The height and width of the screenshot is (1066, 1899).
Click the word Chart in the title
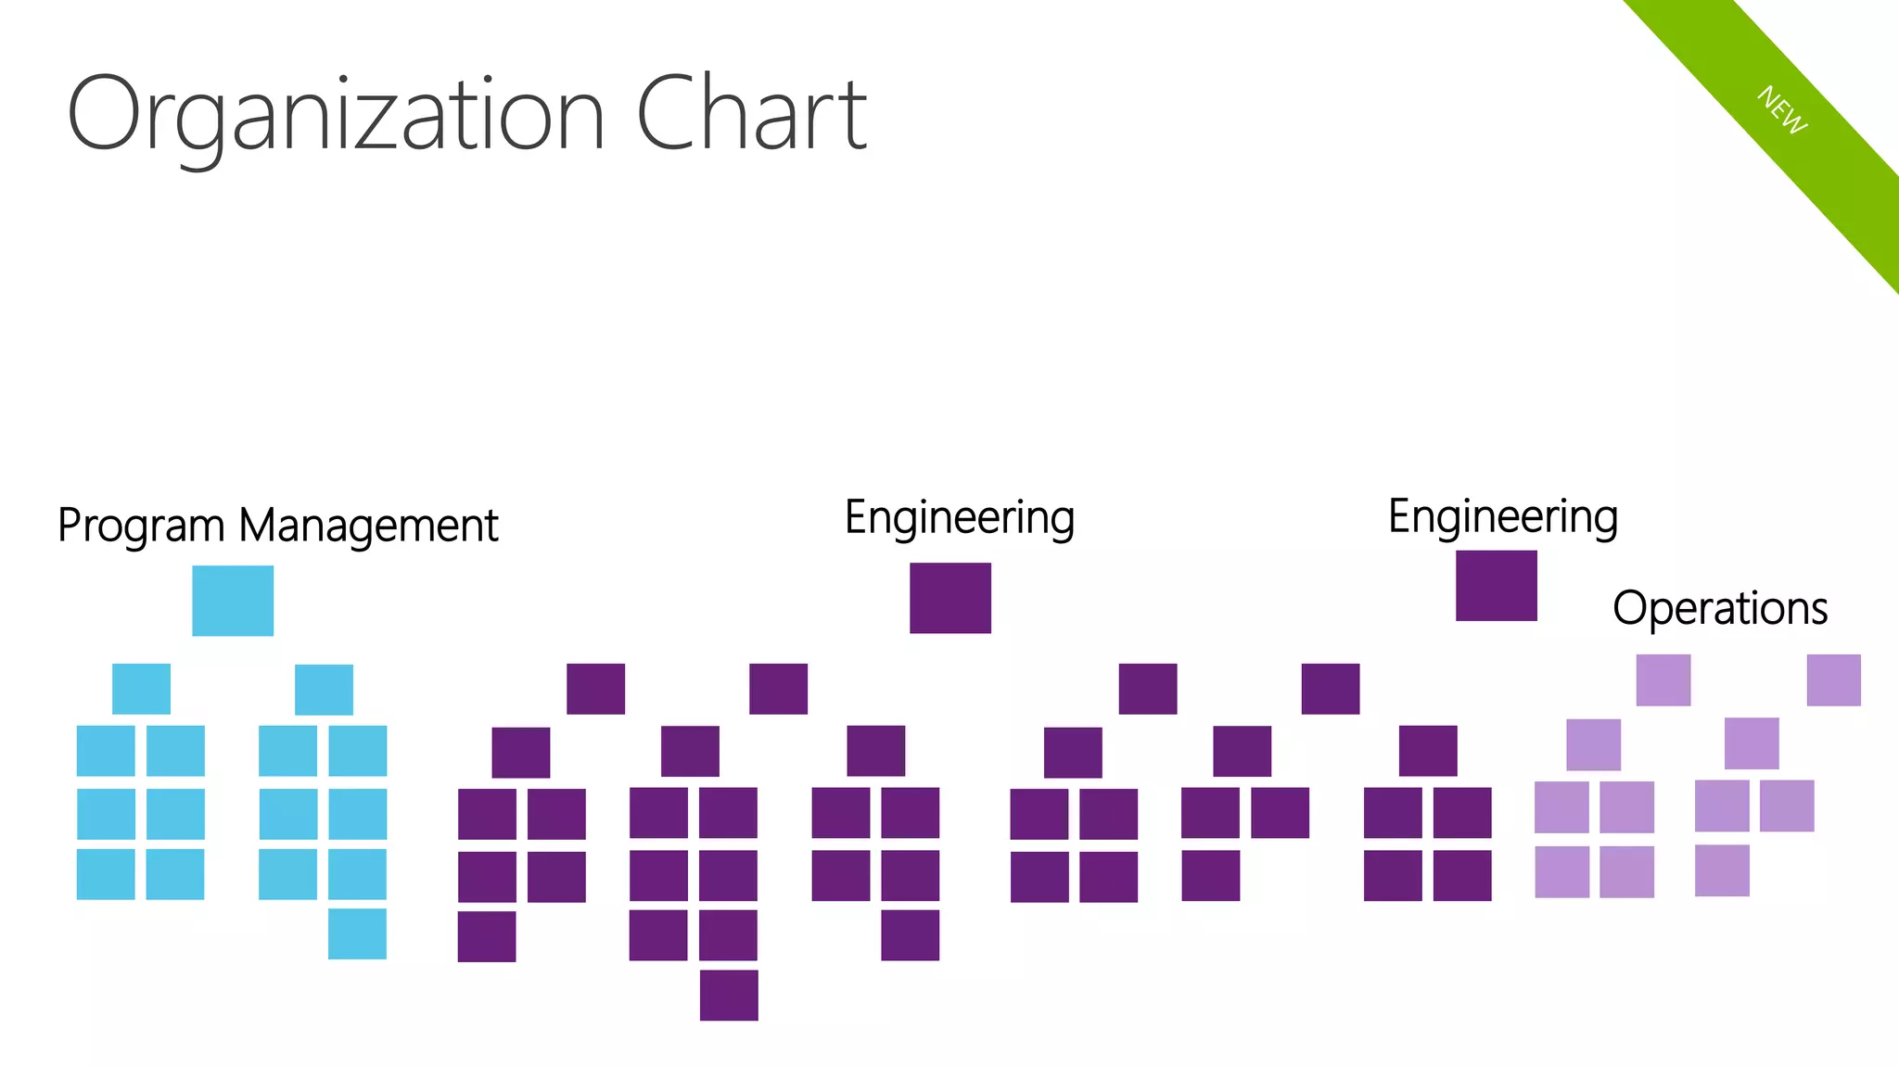click(x=751, y=115)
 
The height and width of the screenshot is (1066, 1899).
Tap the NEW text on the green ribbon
click(x=1782, y=110)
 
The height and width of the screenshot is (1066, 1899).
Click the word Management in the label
click(x=368, y=525)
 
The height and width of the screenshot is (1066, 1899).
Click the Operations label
click(x=1720, y=609)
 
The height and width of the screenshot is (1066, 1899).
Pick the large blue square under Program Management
click(x=233, y=601)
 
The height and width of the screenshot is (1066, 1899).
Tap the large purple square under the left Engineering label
click(x=950, y=598)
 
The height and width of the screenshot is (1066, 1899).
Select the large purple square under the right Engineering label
click(x=1496, y=586)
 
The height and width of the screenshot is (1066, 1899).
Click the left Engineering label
click(x=960, y=517)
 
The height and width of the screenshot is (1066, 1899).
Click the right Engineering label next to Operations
click(x=1502, y=516)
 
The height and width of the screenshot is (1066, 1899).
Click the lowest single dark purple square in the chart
click(x=729, y=995)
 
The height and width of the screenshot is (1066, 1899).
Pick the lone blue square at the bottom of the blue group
click(x=357, y=933)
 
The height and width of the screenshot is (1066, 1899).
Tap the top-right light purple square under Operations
click(x=1833, y=680)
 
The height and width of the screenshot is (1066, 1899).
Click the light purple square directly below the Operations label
click(x=1663, y=680)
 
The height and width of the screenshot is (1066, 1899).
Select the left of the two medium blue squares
click(x=141, y=689)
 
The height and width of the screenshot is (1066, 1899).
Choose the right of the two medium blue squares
click(x=324, y=690)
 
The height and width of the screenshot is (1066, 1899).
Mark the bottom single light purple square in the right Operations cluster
click(x=1722, y=870)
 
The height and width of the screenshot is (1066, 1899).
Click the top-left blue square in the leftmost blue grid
click(x=106, y=751)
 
